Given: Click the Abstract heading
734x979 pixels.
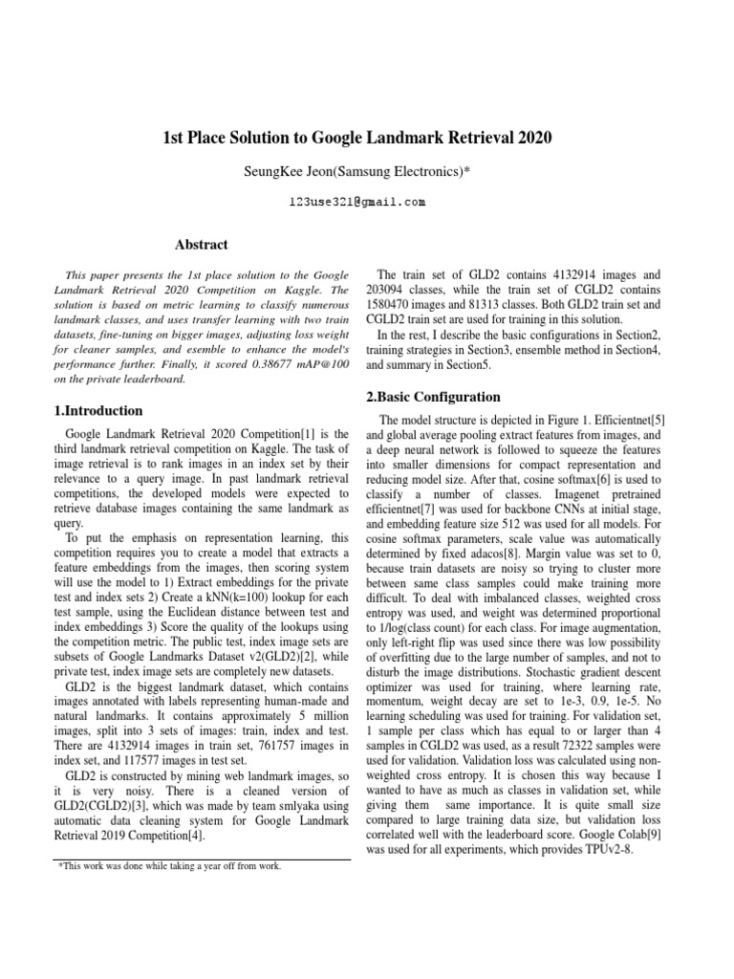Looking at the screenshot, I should (201, 246).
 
